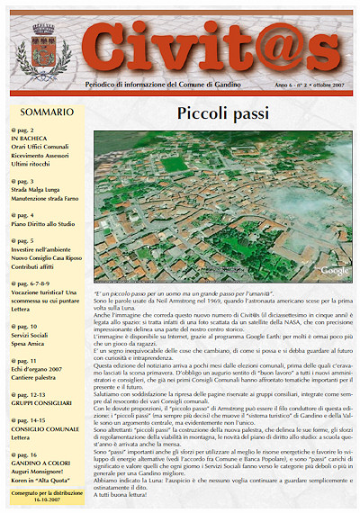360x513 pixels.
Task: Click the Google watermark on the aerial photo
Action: [335, 270]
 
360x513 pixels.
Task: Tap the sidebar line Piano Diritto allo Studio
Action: [48, 224]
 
